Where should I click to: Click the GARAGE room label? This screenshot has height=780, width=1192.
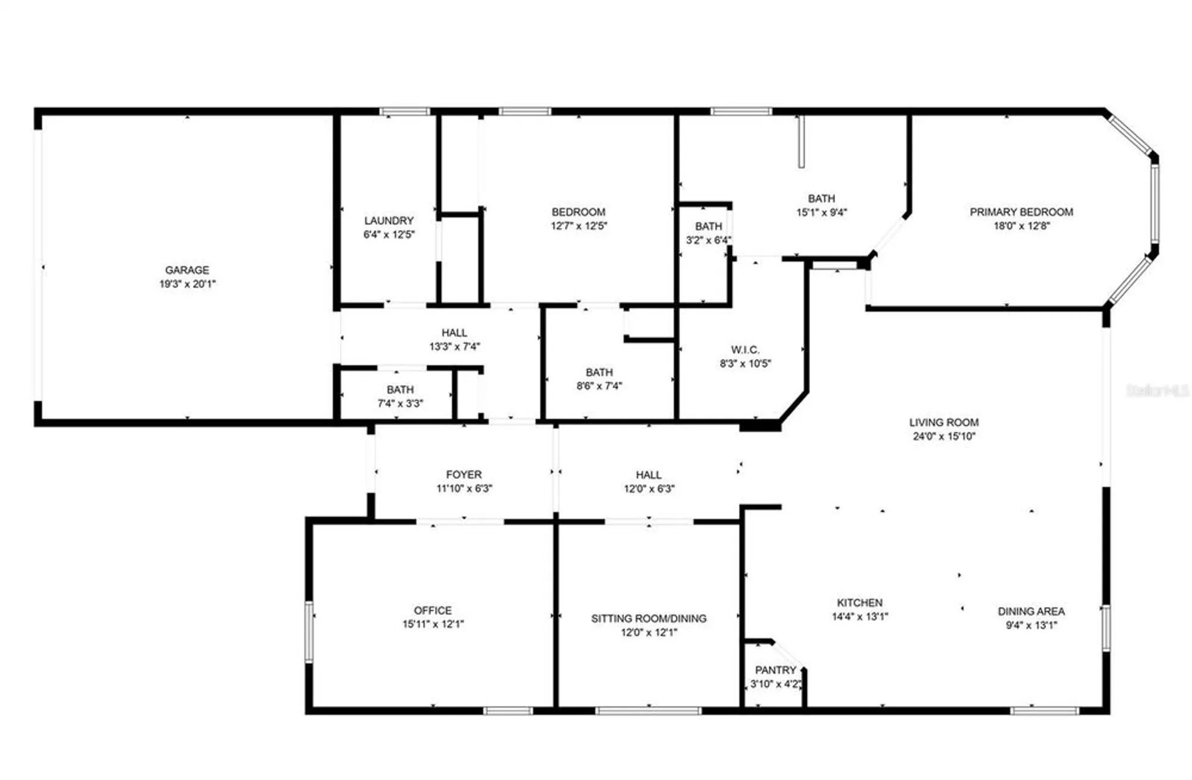point(187,270)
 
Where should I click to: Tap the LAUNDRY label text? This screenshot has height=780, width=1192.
point(389,221)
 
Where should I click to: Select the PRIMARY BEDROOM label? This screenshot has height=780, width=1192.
point(1021,212)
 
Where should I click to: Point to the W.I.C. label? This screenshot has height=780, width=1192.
point(745,349)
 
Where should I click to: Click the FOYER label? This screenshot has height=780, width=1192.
point(464,475)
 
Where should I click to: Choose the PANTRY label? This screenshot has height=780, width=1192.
point(775,670)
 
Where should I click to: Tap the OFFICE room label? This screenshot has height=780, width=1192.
point(433,610)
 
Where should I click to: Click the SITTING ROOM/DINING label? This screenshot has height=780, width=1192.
point(648,618)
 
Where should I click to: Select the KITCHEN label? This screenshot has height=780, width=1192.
point(859,603)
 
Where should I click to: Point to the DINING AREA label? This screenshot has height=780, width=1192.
point(1031,611)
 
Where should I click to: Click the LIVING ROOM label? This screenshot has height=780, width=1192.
point(943,422)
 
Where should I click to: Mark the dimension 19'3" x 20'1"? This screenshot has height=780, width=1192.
point(187,284)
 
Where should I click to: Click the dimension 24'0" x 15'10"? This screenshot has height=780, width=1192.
point(944,436)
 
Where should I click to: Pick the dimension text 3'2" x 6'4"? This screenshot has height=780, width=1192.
point(708,240)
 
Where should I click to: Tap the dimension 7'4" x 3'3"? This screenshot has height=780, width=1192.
point(400,403)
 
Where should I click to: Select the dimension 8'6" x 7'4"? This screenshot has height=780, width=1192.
point(599,386)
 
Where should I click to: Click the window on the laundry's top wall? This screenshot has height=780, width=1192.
point(405,112)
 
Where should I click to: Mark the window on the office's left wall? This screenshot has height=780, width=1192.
point(309,632)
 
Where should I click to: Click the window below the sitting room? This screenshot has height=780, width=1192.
point(648,711)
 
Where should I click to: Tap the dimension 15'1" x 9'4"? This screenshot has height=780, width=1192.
point(821,212)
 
